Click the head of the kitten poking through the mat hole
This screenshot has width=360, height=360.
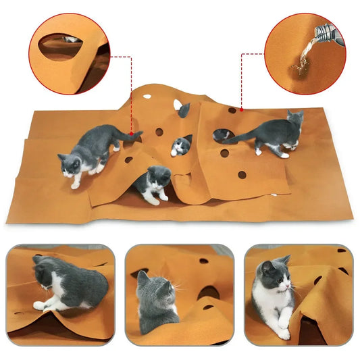(181, 145)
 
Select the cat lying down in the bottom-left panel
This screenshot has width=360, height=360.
(64, 284)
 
